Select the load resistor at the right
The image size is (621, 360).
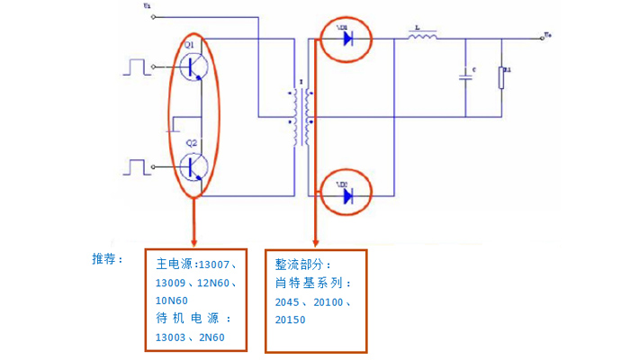point(503,77)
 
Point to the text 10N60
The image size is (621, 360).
point(172,300)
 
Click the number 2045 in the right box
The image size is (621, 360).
point(290,301)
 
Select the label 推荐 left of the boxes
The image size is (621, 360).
point(106,259)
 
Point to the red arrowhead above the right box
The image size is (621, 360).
point(315,241)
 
